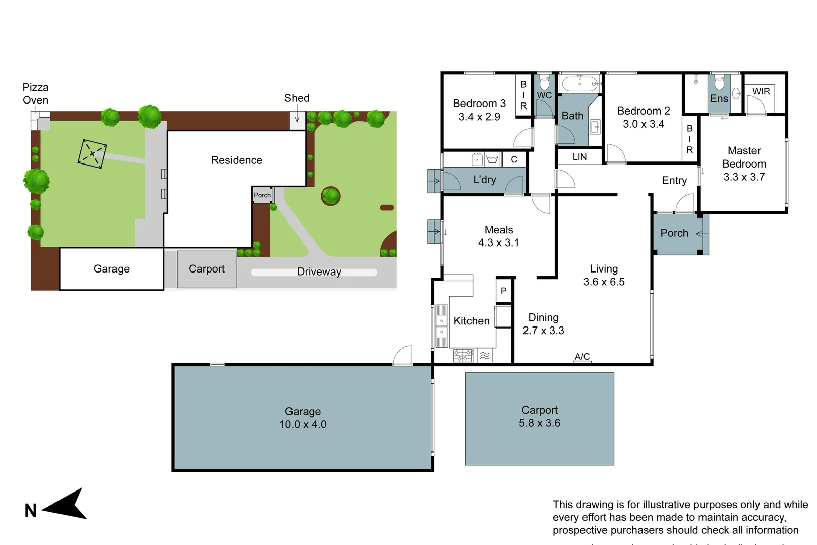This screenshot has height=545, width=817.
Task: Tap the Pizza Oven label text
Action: [x=35, y=94]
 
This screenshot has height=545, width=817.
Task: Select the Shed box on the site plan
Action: [x=297, y=120]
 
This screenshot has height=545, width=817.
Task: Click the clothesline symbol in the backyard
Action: [x=92, y=153]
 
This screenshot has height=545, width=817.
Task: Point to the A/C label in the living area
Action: [x=582, y=356]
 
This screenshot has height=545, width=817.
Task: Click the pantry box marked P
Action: [x=503, y=291]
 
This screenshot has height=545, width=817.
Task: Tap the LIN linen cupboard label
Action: [x=579, y=157]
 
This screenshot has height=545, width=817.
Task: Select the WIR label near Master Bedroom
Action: [x=761, y=91]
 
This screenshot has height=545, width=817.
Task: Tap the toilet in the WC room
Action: [x=544, y=83]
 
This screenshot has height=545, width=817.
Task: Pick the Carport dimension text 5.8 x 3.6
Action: [x=539, y=423]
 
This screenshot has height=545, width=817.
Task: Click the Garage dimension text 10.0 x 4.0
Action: [x=303, y=424]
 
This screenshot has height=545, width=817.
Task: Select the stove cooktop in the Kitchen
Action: [x=463, y=356]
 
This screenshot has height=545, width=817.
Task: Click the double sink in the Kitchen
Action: [x=441, y=326]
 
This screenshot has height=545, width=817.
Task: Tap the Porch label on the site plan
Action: [x=262, y=195]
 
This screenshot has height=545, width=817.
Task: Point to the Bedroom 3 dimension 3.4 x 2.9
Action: [x=479, y=117]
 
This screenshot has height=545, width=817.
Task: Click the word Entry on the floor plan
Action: [x=674, y=180]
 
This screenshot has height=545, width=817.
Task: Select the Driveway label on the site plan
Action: [x=319, y=272]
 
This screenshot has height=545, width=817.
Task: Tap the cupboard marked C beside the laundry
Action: [x=514, y=159]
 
